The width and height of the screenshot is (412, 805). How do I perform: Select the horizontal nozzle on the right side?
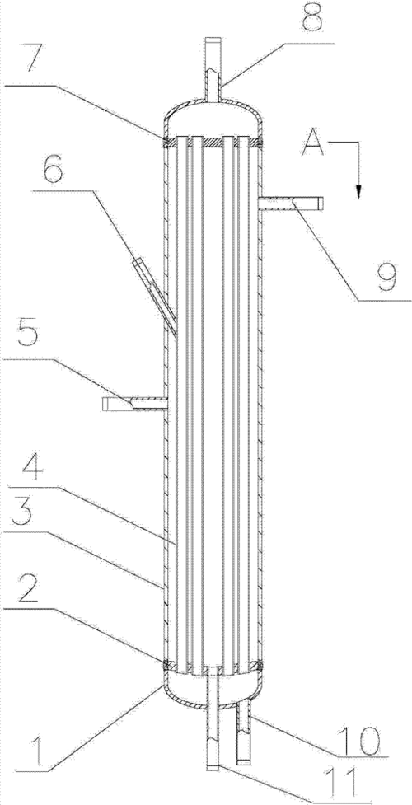[x=291, y=204]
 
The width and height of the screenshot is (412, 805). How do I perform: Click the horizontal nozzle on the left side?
[x=135, y=404]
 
